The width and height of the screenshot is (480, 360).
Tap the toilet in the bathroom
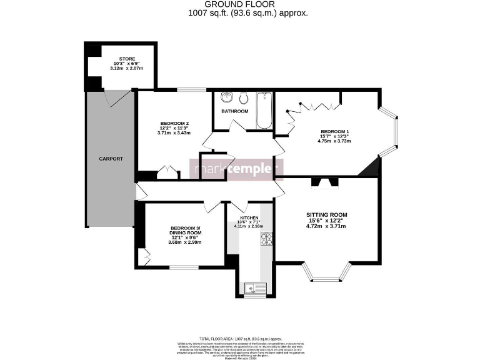pos(243,98)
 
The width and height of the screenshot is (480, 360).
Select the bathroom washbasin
pos(226,98)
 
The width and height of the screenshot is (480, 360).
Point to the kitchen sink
pos(256,287)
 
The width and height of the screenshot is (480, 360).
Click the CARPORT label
pos(111,159)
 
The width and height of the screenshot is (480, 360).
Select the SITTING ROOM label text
pos(326,214)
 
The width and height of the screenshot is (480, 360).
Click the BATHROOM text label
pos(234,111)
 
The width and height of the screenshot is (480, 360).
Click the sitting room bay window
pos(326,272)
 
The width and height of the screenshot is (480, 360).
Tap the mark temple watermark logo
pos(236,169)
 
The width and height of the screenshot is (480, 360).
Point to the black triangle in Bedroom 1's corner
pos(372,167)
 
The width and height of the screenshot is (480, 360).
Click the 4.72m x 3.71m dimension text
pos(326,227)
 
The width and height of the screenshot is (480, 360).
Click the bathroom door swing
pos(237,126)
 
